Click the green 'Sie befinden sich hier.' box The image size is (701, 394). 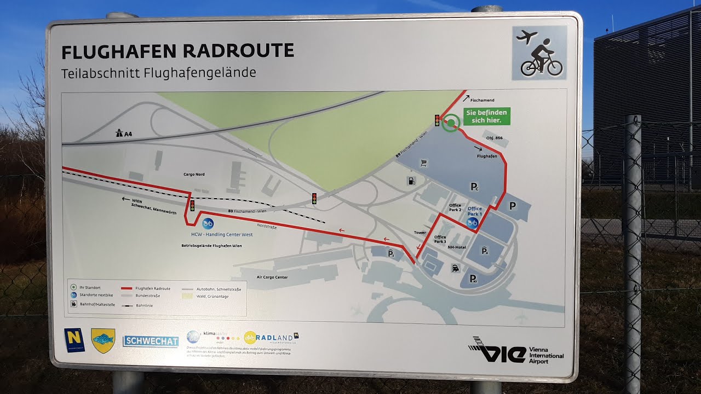point(487,116)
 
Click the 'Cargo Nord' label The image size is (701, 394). point(194,174)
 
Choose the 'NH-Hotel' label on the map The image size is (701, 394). point(456,247)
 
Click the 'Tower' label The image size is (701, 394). point(420,233)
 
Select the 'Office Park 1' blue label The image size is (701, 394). point(474,211)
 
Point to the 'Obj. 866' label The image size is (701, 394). point(494,138)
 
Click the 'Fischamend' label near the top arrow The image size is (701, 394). point(482,100)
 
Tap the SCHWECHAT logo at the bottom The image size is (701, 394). point(151,341)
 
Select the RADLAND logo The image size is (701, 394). point(272,338)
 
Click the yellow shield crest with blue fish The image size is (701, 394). point(103,340)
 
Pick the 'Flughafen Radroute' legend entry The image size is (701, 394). point(153,288)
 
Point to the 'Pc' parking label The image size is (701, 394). point(475,187)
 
